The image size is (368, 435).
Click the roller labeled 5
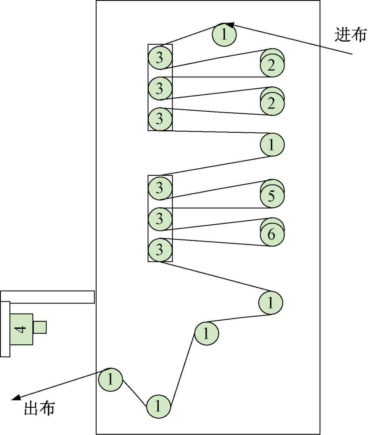(272, 196)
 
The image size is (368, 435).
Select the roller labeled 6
(272, 234)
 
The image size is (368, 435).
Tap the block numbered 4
(21, 329)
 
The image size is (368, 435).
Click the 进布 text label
(350, 35)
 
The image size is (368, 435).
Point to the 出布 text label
(39, 408)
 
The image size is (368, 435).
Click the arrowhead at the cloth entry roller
(230, 25)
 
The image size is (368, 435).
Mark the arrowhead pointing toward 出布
(16, 397)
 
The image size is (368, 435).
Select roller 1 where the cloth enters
(224, 35)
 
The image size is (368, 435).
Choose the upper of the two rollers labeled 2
(272, 65)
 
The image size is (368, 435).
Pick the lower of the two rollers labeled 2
(272, 104)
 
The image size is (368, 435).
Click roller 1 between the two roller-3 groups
(272, 144)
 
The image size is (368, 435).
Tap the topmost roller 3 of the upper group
(160, 57)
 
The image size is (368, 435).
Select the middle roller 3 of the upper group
(160, 88)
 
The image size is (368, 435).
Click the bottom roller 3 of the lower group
(160, 250)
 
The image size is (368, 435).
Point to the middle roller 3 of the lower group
(160, 219)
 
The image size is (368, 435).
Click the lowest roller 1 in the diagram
(159, 407)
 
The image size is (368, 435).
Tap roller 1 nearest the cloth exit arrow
(110, 379)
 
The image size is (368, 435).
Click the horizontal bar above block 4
(48, 297)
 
